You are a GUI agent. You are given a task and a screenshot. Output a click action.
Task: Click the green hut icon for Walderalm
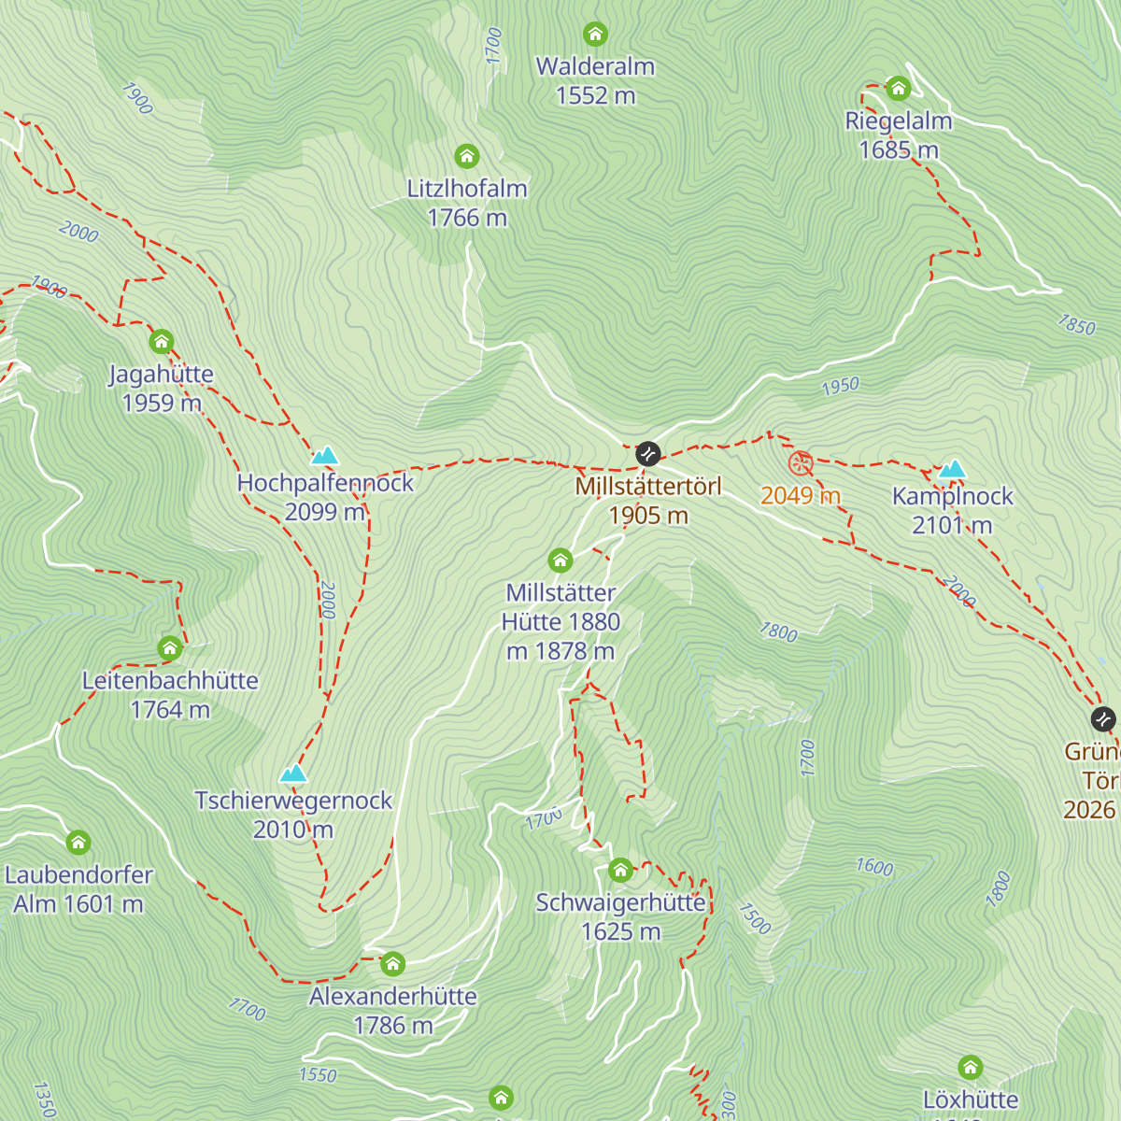595,35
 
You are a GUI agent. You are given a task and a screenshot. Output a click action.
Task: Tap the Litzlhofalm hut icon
467,156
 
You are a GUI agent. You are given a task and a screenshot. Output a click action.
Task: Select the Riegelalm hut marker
899,89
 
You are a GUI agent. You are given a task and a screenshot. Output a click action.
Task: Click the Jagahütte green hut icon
162,341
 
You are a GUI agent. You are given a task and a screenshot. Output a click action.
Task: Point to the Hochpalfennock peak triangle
324,456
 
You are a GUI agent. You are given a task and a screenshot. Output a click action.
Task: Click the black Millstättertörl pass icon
648,454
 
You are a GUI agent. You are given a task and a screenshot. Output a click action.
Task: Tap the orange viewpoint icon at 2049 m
801,462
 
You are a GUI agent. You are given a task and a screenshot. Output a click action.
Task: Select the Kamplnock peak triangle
952,469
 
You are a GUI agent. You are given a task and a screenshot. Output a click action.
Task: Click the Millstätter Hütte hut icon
560,560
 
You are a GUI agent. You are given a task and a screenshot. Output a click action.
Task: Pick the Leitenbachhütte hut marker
170,647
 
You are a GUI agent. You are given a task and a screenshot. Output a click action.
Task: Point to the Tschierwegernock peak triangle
293,773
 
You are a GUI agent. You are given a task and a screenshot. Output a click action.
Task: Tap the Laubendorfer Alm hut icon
78,843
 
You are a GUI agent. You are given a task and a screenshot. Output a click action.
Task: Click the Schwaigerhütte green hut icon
620,871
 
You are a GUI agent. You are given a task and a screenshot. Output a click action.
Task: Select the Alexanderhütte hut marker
393,963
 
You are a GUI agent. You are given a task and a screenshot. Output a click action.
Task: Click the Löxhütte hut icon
971,1067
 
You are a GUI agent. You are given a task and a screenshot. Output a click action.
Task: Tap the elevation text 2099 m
324,512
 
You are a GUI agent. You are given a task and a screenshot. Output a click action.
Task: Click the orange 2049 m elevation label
801,495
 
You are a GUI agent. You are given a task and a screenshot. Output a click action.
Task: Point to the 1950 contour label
840,386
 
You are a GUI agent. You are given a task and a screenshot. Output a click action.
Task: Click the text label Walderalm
595,66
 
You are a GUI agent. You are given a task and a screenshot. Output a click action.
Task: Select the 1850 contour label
1076,325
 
